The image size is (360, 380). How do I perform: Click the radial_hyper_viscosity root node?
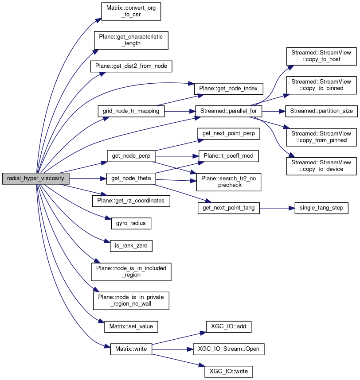pyautogui.click(x=36, y=179)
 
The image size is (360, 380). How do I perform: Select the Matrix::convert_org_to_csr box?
pyautogui.click(x=130, y=11)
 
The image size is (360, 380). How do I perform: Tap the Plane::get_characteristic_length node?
pyautogui.click(x=131, y=40)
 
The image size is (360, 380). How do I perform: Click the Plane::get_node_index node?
pyautogui.click(x=225, y=88)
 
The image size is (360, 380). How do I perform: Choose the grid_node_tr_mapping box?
pyautogui.click(x=131, y=111)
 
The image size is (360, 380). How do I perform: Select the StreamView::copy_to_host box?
pyautogui.click(x=321, y=55)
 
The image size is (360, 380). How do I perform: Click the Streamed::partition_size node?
pyautogui.click(x=321, y=111)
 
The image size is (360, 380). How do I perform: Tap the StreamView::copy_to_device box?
pyautogui.click(x=321, y=166)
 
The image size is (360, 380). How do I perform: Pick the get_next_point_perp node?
pyautogui.click(x=228, y=133)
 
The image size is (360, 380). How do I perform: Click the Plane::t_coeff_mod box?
pyautogui.click(x=228, y=155)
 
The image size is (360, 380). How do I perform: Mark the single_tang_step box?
pyautogui.click(x=321, y=208)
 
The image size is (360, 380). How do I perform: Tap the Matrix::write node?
pyautogui.click(x=131, y=349)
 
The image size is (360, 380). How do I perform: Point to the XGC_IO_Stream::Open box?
pyautogui.click(x=228, y=349)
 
